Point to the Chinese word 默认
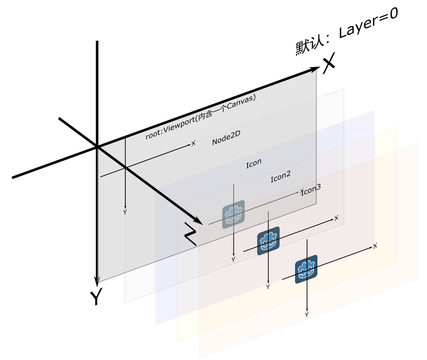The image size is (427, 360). (x=308, y=48)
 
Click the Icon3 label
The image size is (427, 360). (x=311, y=190)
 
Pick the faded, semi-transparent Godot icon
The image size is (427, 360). (x=234, y=214)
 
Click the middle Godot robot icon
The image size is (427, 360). (x=268, y=241)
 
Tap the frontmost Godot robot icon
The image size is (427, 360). (x=307, y=269)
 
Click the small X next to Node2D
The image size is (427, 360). (x=193, y=144)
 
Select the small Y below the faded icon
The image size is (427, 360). (x=233, y=259)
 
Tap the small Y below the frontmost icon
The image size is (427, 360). (x=307, y=315)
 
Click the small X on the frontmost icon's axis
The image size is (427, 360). (x=375, y=246)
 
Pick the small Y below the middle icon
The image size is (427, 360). (x=268, y=287)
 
